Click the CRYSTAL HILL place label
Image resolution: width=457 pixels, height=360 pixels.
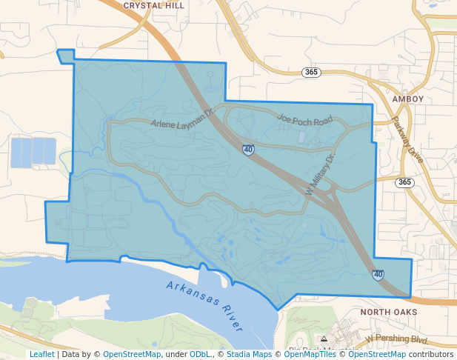154,5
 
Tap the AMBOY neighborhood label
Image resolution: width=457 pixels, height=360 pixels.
408,99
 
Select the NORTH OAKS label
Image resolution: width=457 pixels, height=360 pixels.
390,313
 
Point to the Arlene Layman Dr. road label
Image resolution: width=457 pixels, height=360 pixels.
182,119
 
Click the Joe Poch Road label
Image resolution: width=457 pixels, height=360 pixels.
304,119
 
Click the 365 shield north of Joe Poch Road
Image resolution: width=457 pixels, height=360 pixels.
311,72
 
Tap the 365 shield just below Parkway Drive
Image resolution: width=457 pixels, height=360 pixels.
404,182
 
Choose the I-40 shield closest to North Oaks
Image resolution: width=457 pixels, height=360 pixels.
378,275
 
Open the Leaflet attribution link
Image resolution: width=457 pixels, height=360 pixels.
41,354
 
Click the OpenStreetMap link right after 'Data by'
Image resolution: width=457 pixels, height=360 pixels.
132,354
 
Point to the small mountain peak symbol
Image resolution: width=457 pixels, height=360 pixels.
323,339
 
